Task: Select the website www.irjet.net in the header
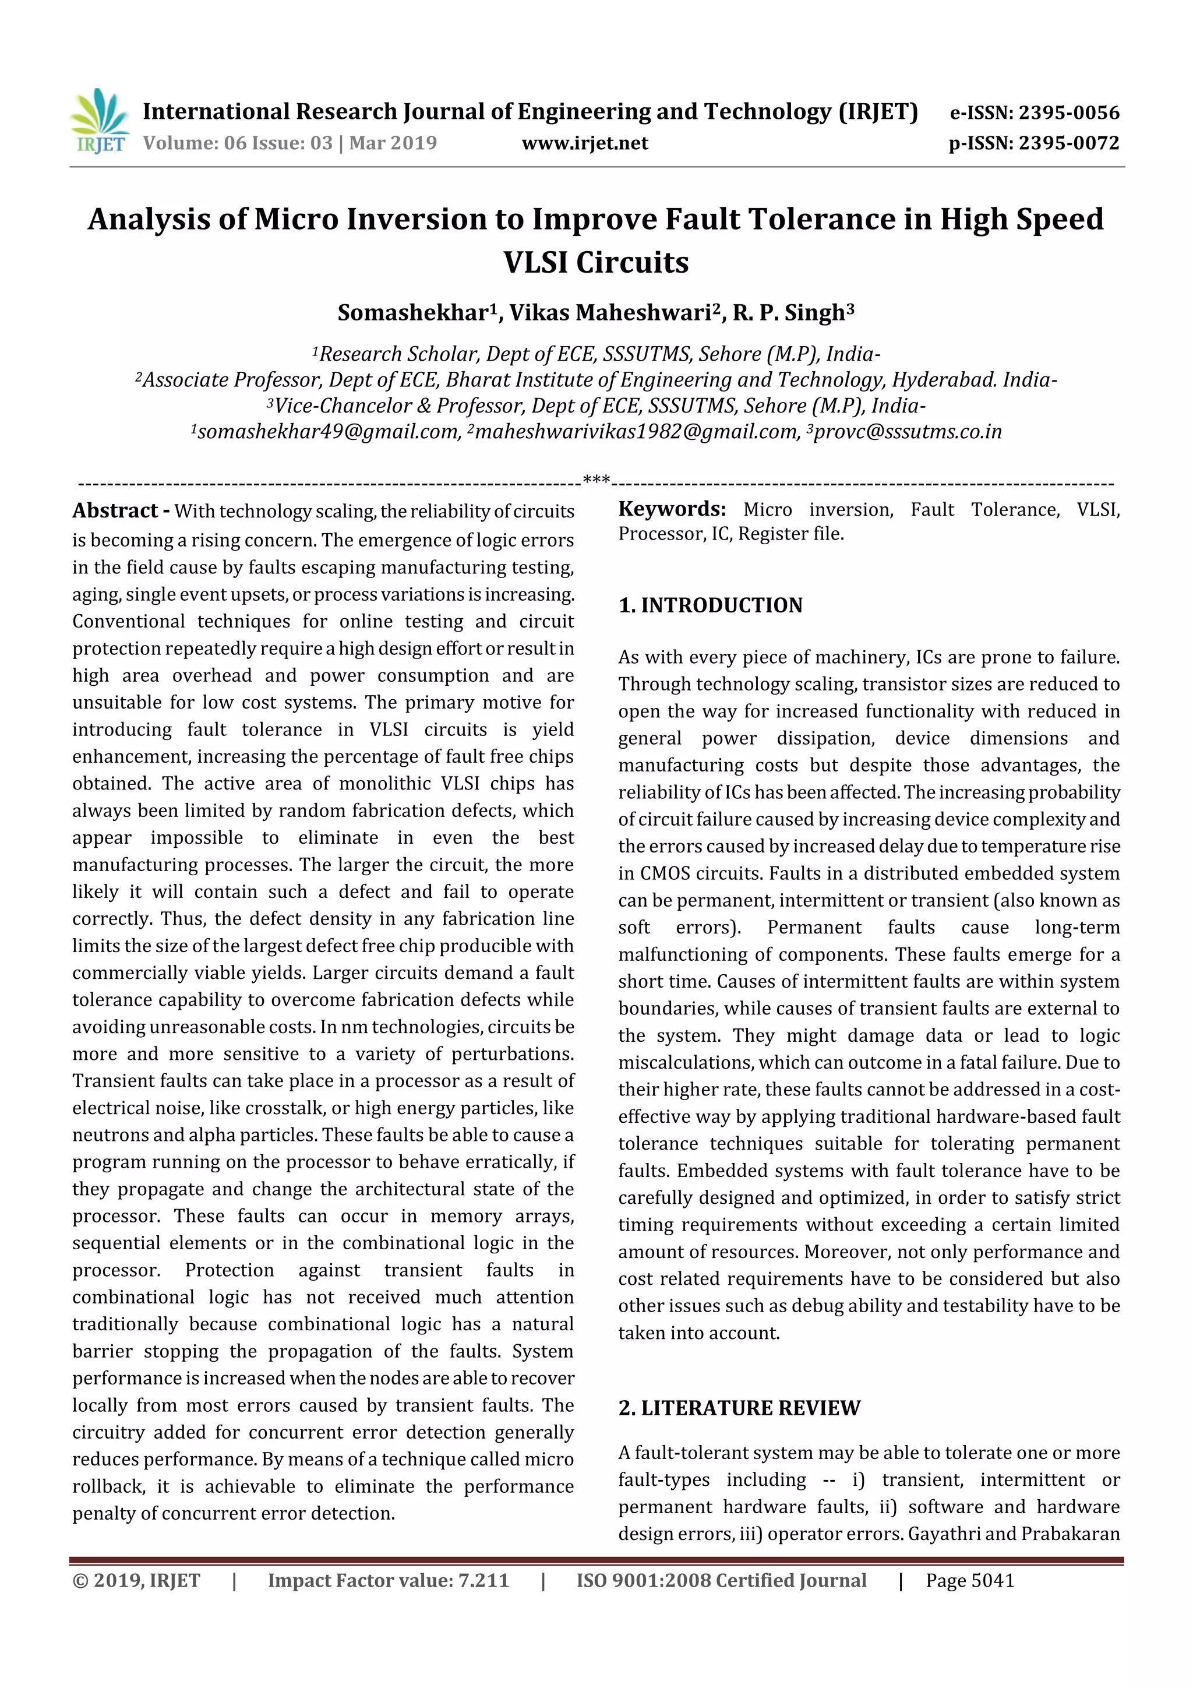pyautogui.click(x=585, y=143)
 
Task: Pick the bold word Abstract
pyautogui.click(x=115, y=510)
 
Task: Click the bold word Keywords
pyautogui.click(x=671, y=509)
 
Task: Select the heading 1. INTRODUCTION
pyautogui.click(x=710, y=605)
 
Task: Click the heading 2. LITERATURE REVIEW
pyautogui.click(x=739, y=1407)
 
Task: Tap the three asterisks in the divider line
pyautogui.click(x=596, y=481)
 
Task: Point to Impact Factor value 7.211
pyautogui.click(x=388, y=1580)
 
